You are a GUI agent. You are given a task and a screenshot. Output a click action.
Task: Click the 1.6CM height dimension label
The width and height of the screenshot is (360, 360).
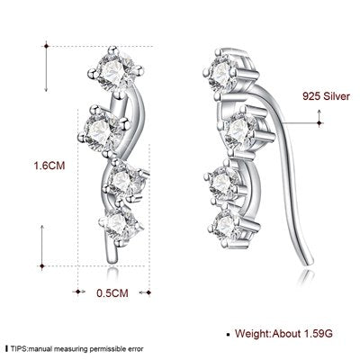pos(49,166)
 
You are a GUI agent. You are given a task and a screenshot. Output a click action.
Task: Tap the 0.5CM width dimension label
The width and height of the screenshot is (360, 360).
pos(112,292)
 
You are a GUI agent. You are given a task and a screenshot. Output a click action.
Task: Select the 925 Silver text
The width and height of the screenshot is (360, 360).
pos(326,96)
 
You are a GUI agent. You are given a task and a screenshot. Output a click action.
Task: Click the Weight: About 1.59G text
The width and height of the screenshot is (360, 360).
pos(283,333)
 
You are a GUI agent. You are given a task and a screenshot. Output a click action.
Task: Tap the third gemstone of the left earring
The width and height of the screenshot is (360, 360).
pos(123,180)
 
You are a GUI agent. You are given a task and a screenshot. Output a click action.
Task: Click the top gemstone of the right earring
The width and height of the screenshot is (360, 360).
pos(221,72)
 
